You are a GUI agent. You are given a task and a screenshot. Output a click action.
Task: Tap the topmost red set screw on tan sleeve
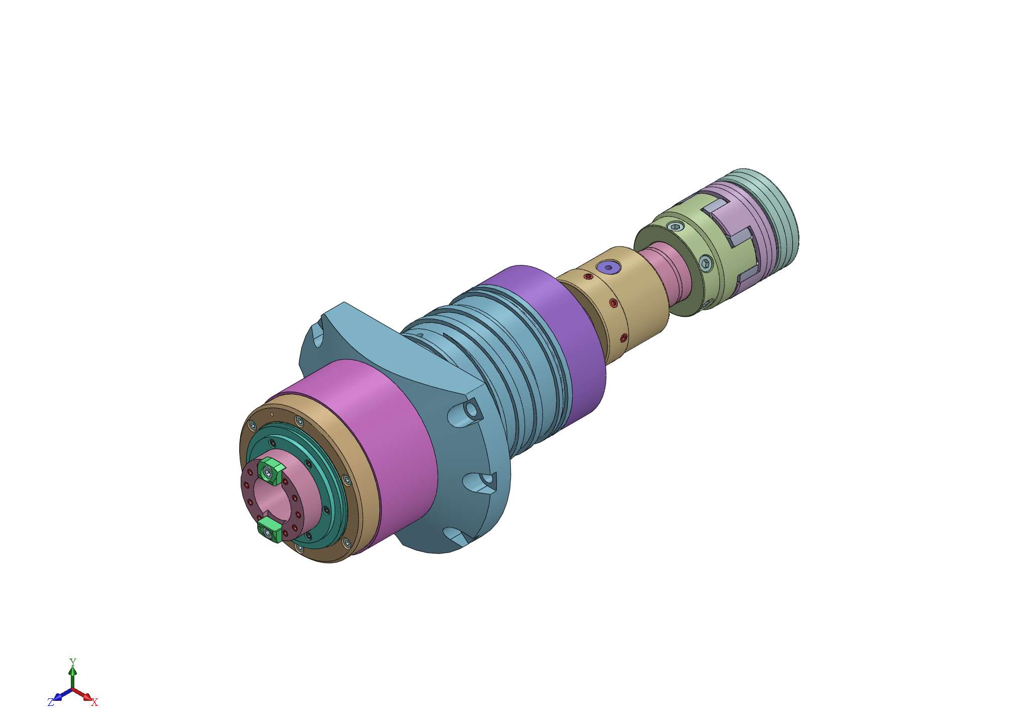[588, 277]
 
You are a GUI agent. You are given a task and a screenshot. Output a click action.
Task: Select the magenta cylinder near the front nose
[382, 442]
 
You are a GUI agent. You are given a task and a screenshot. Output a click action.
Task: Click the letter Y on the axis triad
[73, 661]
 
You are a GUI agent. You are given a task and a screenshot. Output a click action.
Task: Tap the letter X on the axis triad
[94, 702]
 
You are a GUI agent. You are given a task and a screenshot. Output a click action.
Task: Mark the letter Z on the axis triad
[51, 702]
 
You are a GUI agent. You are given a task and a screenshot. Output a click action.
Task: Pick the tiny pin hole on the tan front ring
[272, 414]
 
